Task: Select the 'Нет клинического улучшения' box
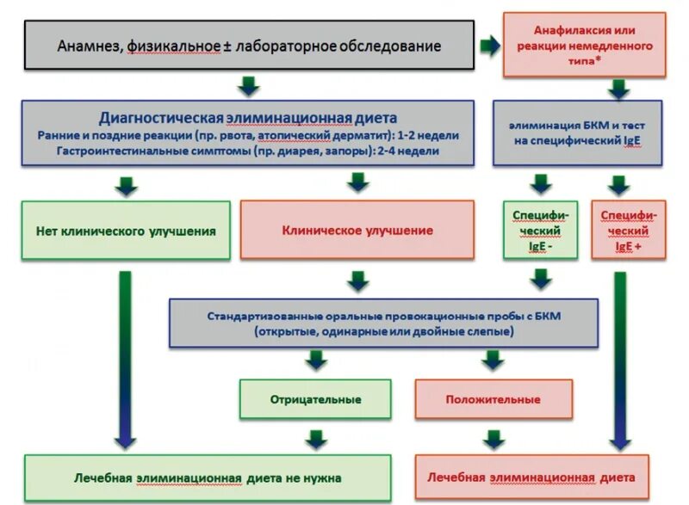[x=126, y=231]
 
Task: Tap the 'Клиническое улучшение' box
[x=357, y=231]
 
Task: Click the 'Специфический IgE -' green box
[x=540, y=230]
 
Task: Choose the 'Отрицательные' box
[x=316, y=400]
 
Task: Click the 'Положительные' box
[x=493, y=400]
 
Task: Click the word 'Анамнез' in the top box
[x=90, y=46]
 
